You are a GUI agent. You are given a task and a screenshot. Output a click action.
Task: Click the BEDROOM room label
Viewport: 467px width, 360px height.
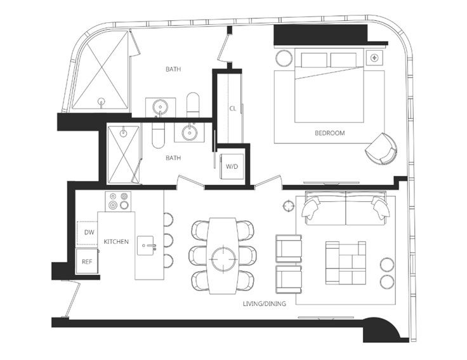click(330, 133)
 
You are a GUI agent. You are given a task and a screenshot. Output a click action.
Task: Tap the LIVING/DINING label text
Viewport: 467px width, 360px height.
click(264, 303)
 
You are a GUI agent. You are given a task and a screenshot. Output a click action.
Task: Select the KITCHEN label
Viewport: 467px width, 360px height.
click(116, 241)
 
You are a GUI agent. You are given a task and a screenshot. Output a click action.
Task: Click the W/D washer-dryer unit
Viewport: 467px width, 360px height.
click(232, 166)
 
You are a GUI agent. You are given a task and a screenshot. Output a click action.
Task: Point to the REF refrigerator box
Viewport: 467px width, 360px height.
click(87, 262)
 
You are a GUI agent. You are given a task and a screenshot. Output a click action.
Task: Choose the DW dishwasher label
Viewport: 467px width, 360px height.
click(89, 232)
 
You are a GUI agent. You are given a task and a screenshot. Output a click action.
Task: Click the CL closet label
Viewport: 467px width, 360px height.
click(233, 109)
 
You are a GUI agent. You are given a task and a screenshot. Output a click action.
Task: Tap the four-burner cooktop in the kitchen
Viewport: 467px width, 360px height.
click(118, 201)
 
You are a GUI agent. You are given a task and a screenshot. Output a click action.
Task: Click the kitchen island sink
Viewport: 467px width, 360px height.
click(145, 245)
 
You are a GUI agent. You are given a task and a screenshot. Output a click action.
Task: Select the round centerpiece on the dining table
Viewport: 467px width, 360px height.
click(224, 258)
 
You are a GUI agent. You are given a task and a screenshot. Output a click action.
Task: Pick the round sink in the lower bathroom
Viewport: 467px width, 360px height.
click(189, 132)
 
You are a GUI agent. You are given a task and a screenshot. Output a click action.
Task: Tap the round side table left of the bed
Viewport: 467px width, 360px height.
click(284, 58)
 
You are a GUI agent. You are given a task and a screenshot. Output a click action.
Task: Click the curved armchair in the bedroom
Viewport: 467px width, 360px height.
click(381, 149)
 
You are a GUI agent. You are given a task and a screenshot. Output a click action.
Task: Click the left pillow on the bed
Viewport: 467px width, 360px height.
click(314, 60)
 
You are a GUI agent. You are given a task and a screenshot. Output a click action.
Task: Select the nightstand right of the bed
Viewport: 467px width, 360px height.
click(374, 57)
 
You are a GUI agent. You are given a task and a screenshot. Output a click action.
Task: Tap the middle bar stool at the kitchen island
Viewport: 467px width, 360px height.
click(169, 240)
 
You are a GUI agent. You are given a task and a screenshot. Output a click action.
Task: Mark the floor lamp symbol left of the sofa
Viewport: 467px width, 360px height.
click(288, 206)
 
